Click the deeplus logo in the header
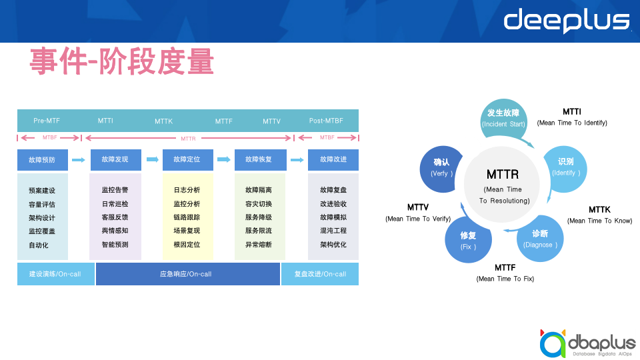[x=566, y=21]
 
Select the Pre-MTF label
[x=47, y=121]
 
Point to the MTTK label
[x=163, y=121]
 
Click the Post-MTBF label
[x=326, y=121]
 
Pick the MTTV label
[x=271, y=121]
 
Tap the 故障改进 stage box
[x=333, y=160]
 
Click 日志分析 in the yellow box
[x=187, y=191]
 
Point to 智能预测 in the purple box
[x=115, y=245]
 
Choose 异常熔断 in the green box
[x=259, y=245]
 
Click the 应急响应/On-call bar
[x=187, y=274]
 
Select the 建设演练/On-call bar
[x=56, y=274]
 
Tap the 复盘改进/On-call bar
[x=320, y=274]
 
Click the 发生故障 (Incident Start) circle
[x=503, y=118]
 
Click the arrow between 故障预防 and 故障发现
[x=79, y=160]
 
